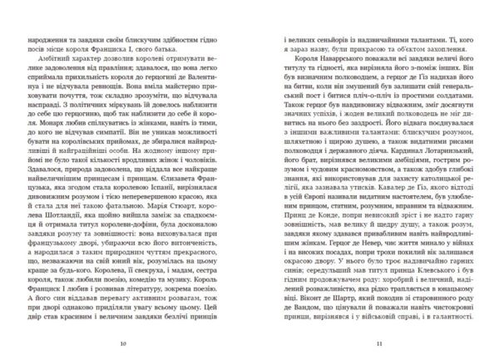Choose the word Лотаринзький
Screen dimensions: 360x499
pyautogui.click(x=435, y=157)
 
